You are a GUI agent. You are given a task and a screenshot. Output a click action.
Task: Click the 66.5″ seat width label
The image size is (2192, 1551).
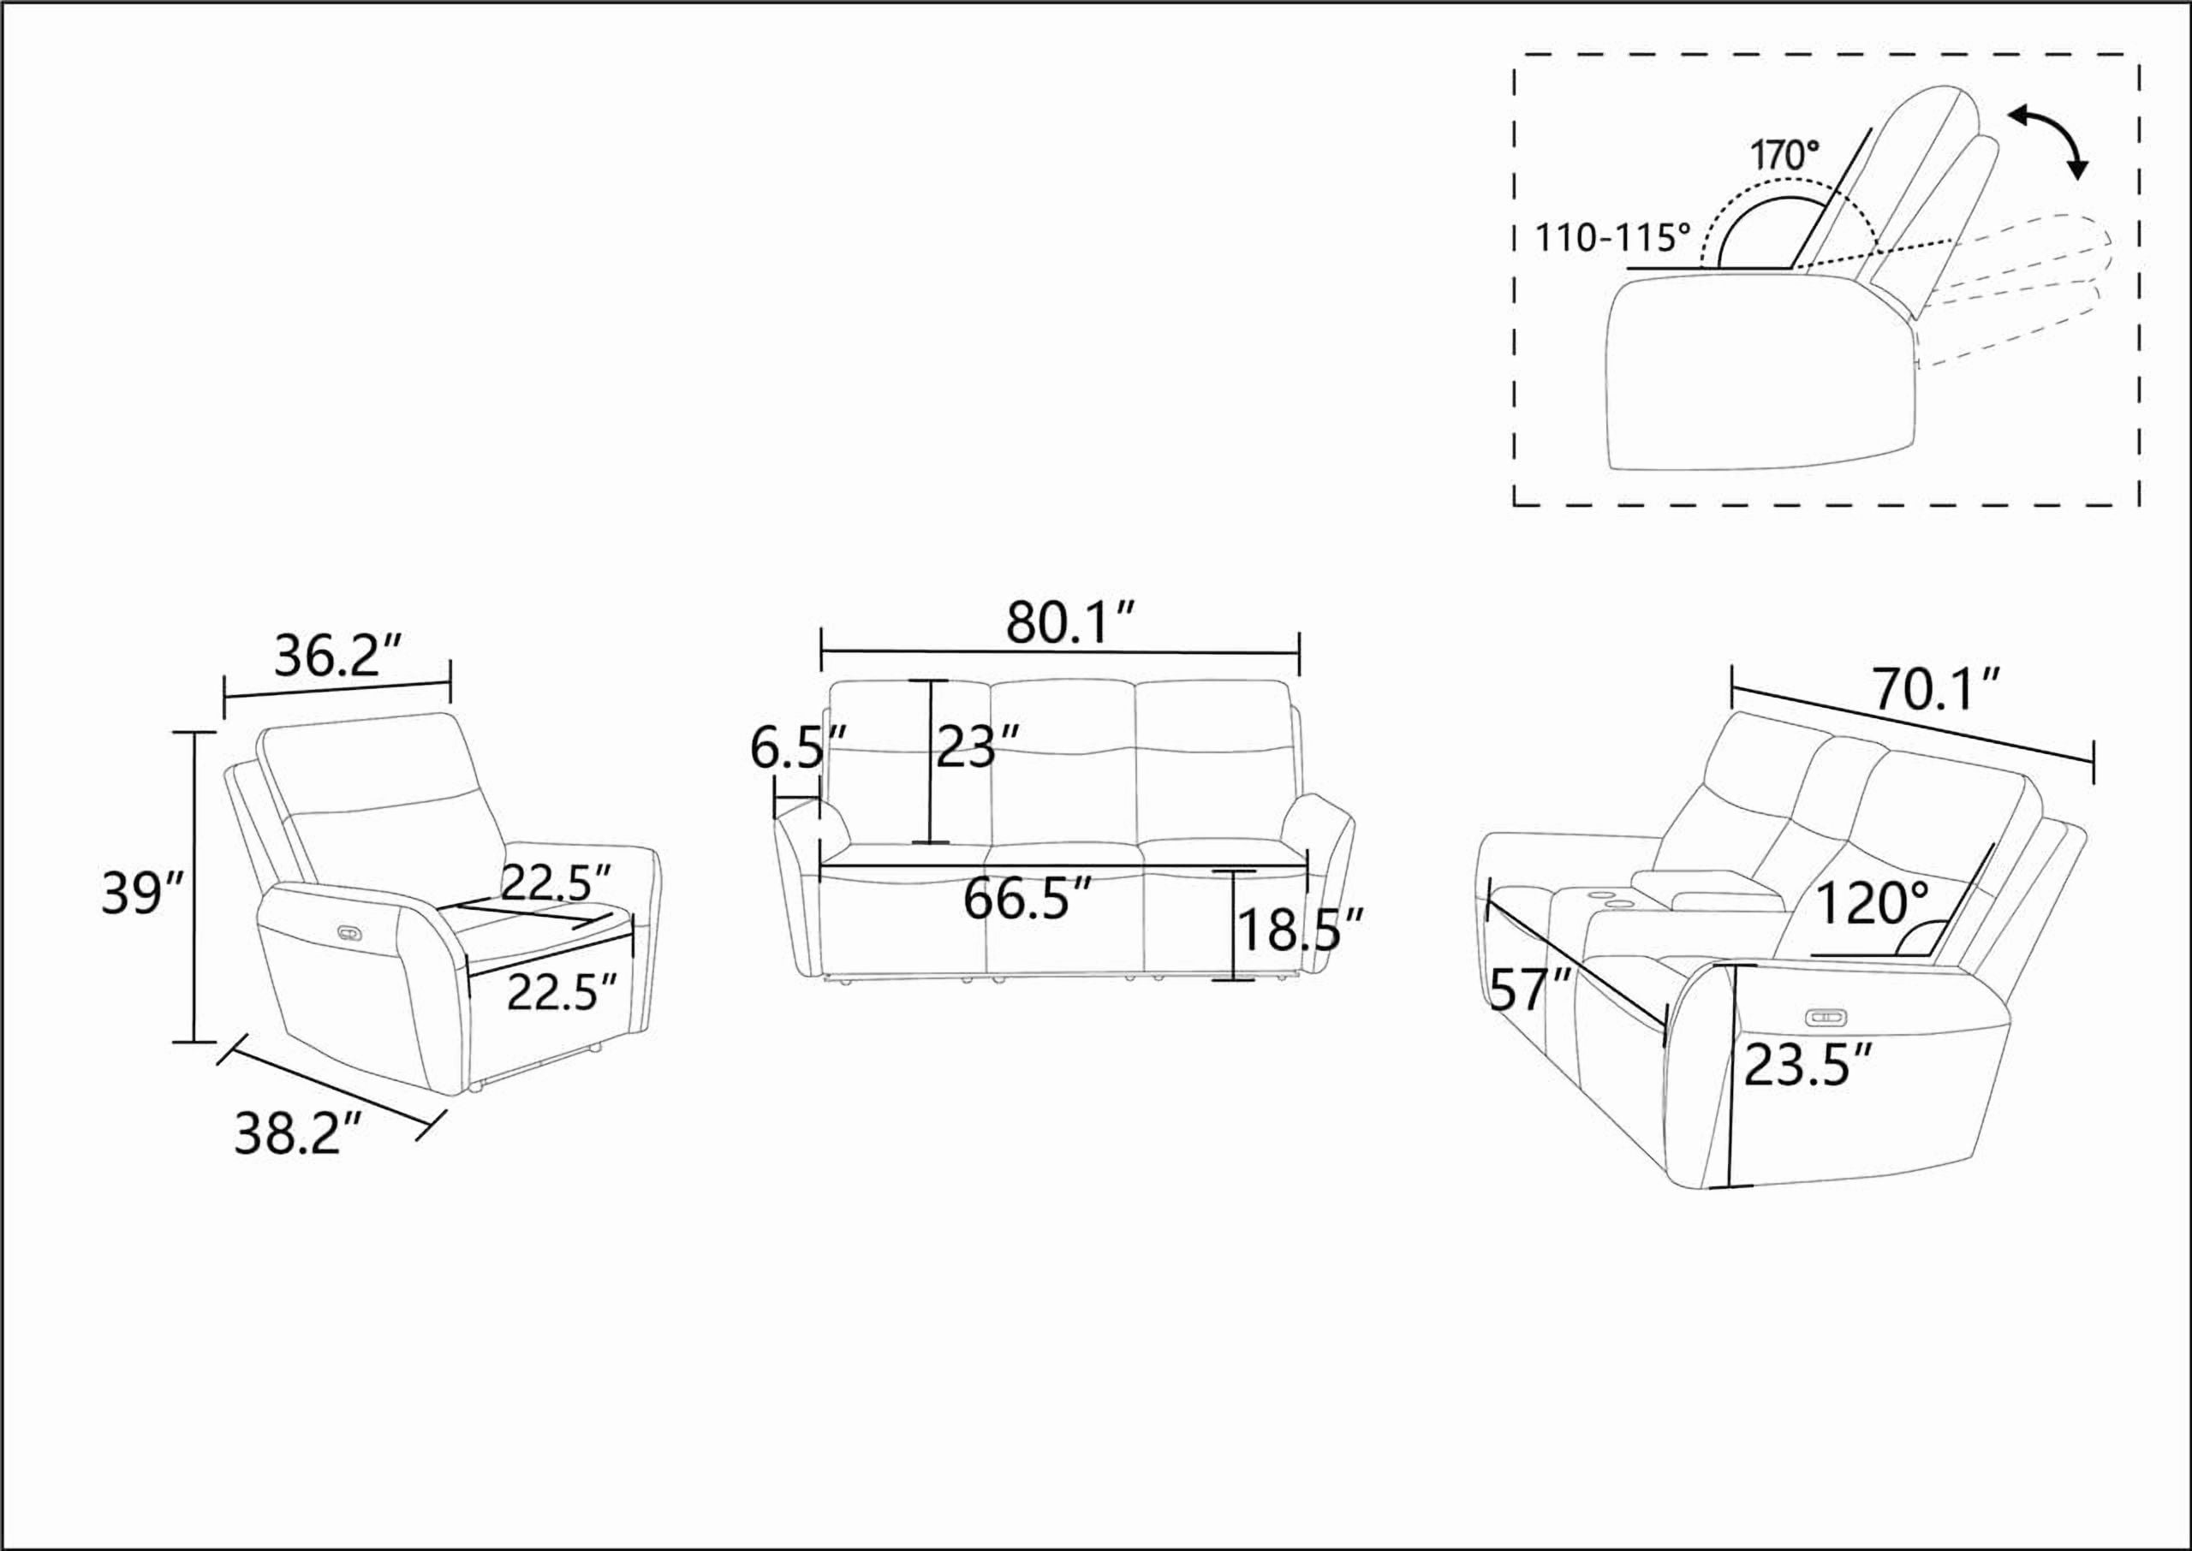tap(1027, 899)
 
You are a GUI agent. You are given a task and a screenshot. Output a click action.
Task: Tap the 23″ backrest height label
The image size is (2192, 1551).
tap(977, 746)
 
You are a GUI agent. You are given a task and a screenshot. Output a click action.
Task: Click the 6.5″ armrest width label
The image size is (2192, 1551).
tap(800, 747)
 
